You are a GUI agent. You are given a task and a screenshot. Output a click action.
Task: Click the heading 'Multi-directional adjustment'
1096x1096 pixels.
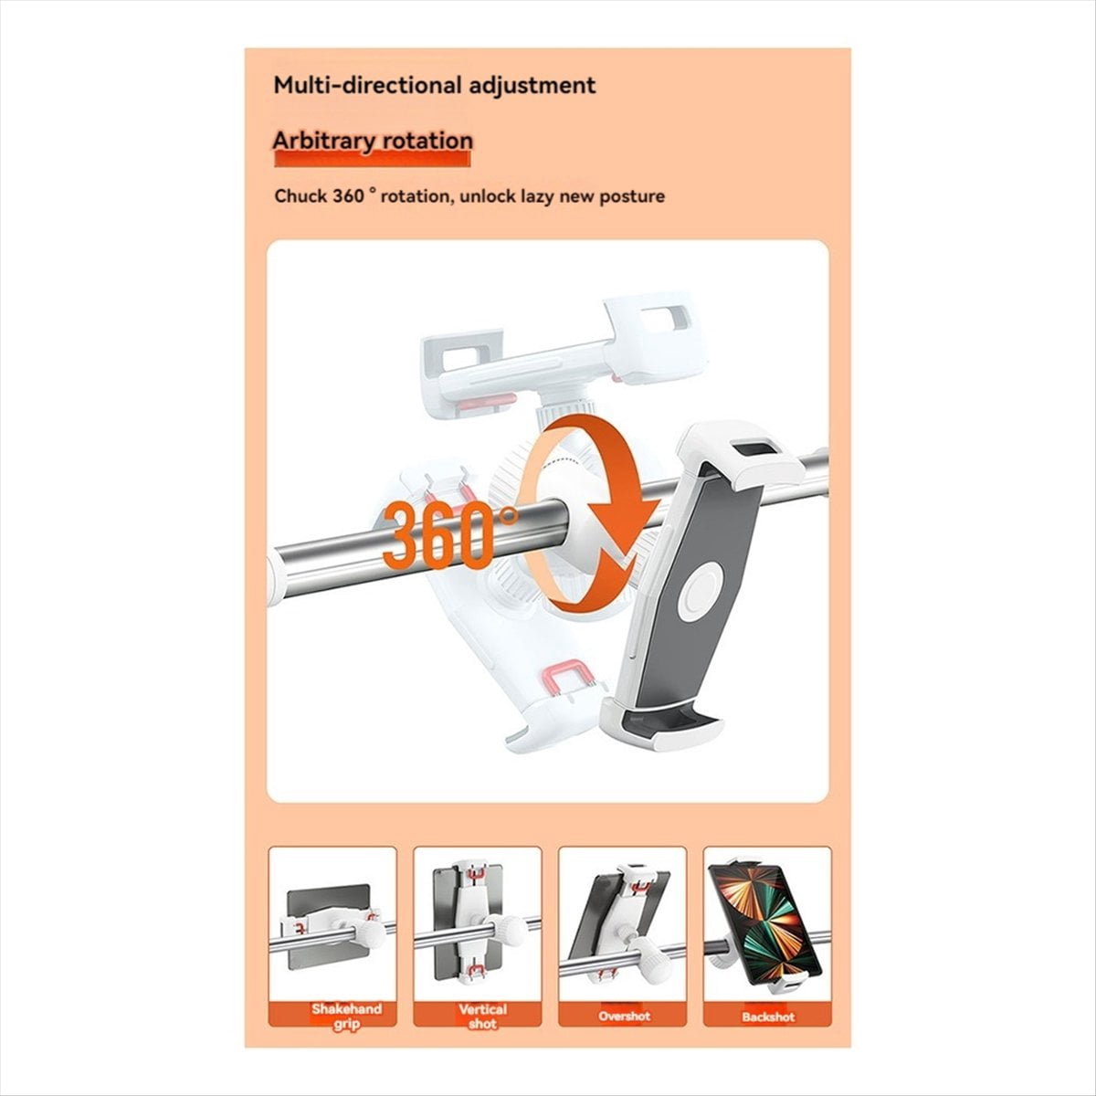[435, 86]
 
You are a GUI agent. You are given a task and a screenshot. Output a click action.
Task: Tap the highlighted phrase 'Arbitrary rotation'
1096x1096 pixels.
[373, 141]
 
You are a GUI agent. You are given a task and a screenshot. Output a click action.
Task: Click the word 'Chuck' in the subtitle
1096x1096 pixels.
[300, 196]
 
